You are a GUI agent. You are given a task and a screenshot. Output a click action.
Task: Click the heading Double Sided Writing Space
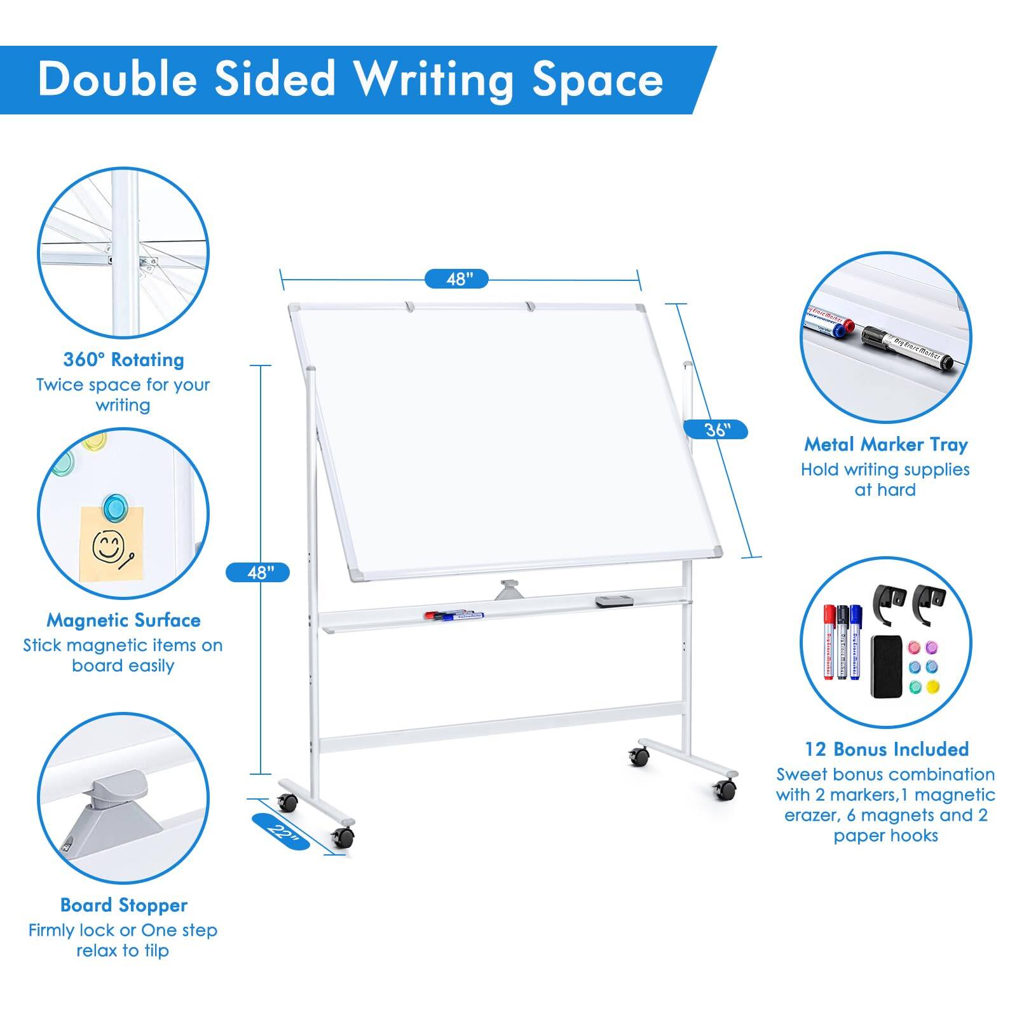click(x=350, y=80)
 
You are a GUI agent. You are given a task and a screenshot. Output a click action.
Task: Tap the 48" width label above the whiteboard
click(x=456, y=278)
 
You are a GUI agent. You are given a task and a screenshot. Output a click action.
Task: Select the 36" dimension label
click(x=715, y=430)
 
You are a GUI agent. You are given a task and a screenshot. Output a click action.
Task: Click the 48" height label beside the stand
click(x=257, y=572)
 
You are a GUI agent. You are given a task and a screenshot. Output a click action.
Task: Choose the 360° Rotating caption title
click(x=123, y=360)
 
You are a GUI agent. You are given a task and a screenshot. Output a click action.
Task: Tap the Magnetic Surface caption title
click(x=123, y=620)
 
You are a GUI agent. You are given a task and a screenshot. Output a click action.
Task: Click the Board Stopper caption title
click(x=123, y=904)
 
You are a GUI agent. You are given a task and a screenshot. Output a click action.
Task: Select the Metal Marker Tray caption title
click(x=885, y=444)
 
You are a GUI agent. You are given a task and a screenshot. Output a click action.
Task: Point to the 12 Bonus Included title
click(x=886, y=749)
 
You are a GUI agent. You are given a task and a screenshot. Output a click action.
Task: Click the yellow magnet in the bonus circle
click(x=932, y=686)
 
